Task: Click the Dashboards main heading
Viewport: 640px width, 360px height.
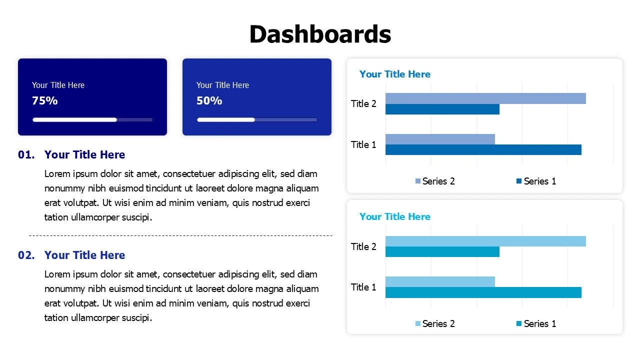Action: tap(320, 34)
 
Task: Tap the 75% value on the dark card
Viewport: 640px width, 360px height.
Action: tap(44, 100)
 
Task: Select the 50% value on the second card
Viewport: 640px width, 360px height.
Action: tap(209, 100)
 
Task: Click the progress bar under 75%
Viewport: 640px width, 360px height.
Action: tap(92, 119)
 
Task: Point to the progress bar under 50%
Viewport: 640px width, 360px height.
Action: tap(257, 119)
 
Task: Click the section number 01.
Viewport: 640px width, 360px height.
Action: tap(26, 154)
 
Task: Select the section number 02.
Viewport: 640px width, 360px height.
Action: tap(26, 255)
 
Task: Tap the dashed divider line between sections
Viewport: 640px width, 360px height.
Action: tap(180, 235)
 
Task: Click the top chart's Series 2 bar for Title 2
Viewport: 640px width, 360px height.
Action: tap(485, 98)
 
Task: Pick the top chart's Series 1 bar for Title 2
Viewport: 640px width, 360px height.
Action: tap(442, 109)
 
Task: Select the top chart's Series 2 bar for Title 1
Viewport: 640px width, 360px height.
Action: tap(440, 139)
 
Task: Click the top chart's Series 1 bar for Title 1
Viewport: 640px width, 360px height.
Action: tap(483, 149)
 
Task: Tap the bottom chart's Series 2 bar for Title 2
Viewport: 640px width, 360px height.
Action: tap(485, 241)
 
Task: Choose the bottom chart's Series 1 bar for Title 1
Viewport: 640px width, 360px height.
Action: tap(483, 292)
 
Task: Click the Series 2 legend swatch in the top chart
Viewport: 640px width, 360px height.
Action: tap(417, 181)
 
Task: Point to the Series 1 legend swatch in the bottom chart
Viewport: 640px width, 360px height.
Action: tap(519, 323)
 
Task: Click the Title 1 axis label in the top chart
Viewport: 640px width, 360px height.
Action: tap(363, 144)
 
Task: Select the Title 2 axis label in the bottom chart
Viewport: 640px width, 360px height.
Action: tap(363, 246)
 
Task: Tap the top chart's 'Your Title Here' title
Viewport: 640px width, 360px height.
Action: tap(395, 74)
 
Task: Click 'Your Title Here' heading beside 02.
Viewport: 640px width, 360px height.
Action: tap(84, 255)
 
